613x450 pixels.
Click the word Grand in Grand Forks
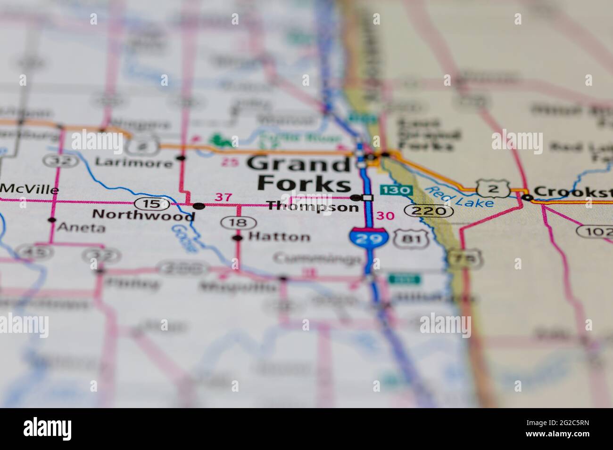click(x=298, y=164)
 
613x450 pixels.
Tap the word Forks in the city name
click(x=305, y=184)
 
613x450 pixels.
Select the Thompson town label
click(x=313, y=207)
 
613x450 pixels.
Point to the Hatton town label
click(x=279, y=237)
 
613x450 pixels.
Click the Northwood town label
click(x=143, y=215)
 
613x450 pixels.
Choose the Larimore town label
click(x=133, y=163)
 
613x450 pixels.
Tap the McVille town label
click(x=30, y=190)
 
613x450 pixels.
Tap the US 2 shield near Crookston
click(x=492, y=188)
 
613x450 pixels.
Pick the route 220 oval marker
click(x=429, y=211)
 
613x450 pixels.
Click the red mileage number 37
click(x=223, y=197)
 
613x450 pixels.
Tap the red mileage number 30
click(x=385, y=216)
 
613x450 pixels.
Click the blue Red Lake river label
click(x=458, y=197)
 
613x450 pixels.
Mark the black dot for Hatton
click(x=239, y=238)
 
